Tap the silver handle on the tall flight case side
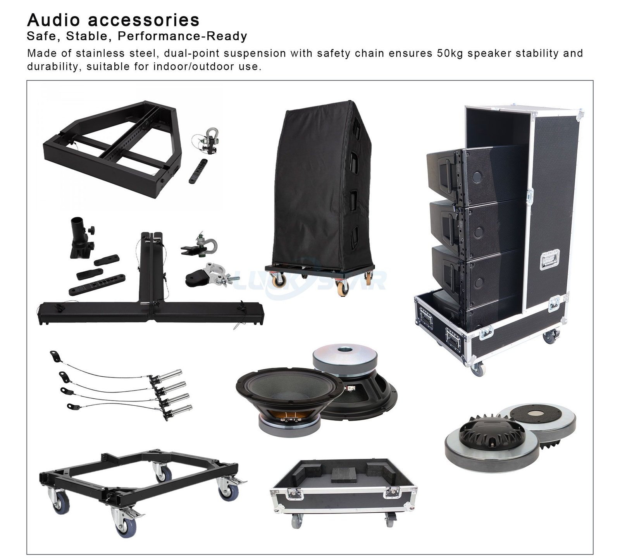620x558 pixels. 549,259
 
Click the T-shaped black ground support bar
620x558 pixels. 151,298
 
